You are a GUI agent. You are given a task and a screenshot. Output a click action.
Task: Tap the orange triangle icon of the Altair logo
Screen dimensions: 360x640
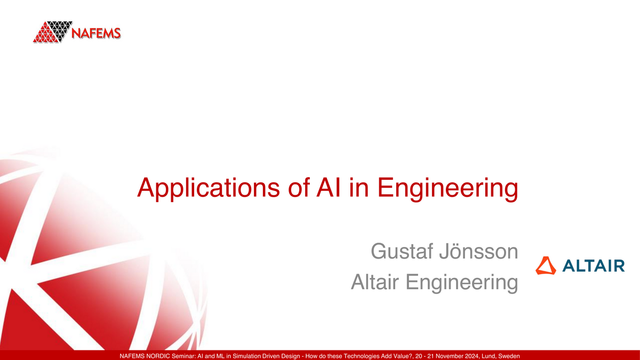pyautogui.click(x=546, y=266)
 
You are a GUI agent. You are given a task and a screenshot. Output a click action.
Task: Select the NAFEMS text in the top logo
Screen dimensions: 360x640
pyautogui.click(x=96, y=33)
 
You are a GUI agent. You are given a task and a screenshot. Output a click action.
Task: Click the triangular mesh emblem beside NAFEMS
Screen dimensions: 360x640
pyautogui.click(x=52, y=32)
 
